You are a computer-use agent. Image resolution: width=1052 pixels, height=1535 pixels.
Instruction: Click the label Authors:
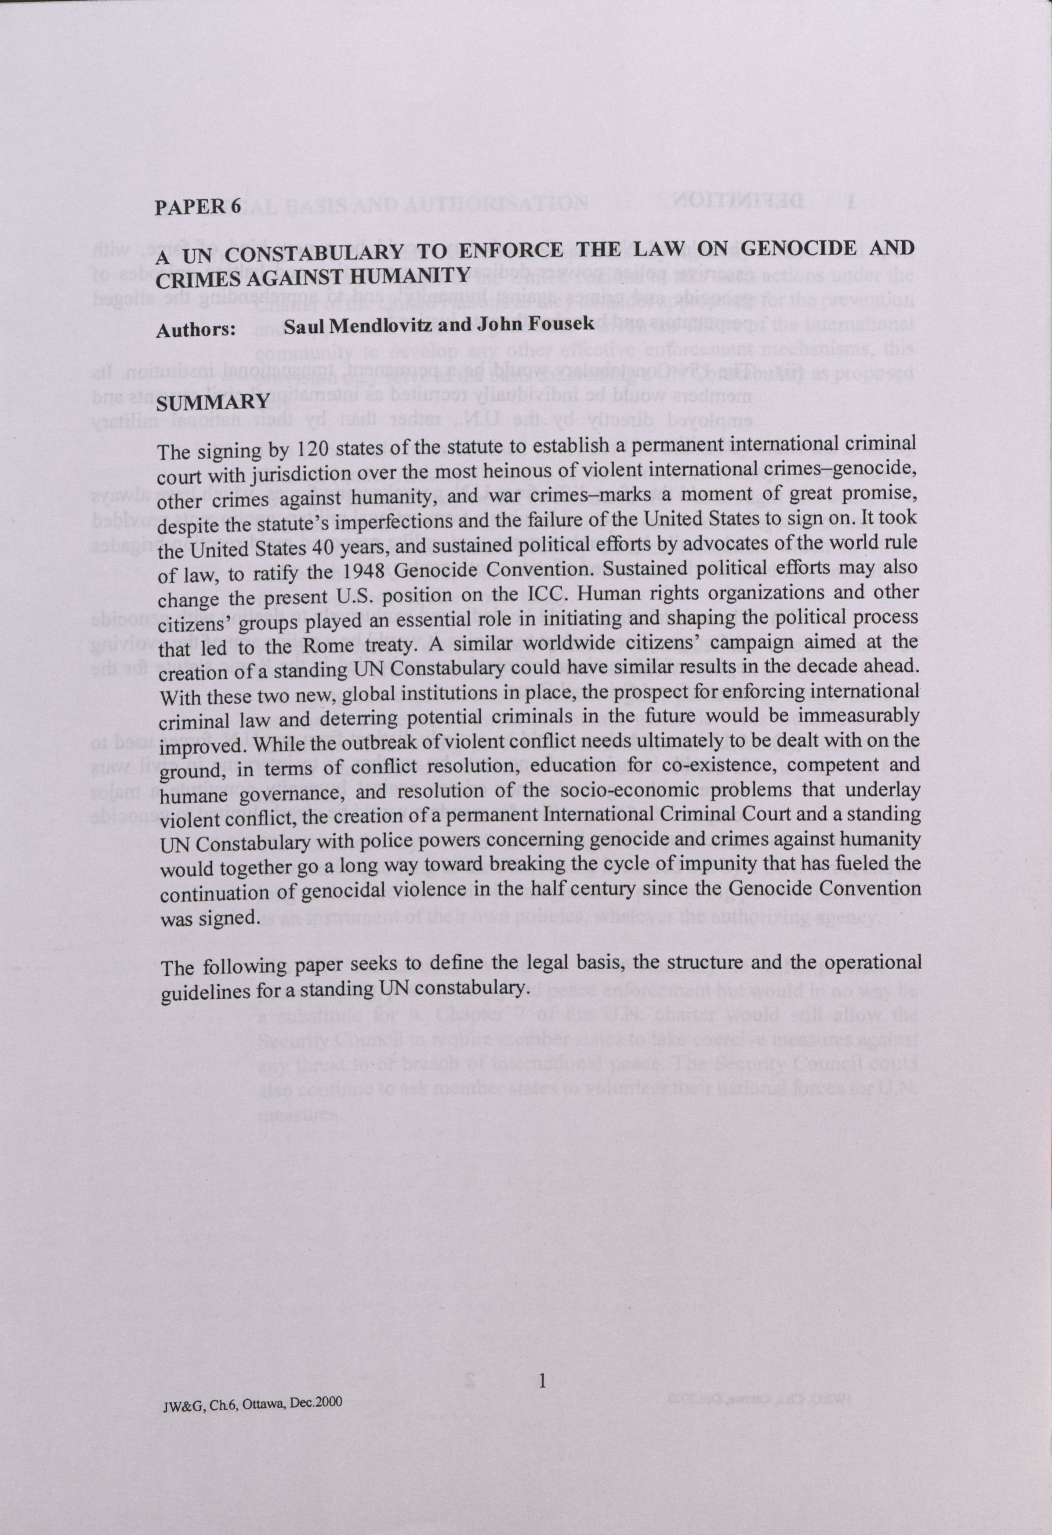tap(196, 330)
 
